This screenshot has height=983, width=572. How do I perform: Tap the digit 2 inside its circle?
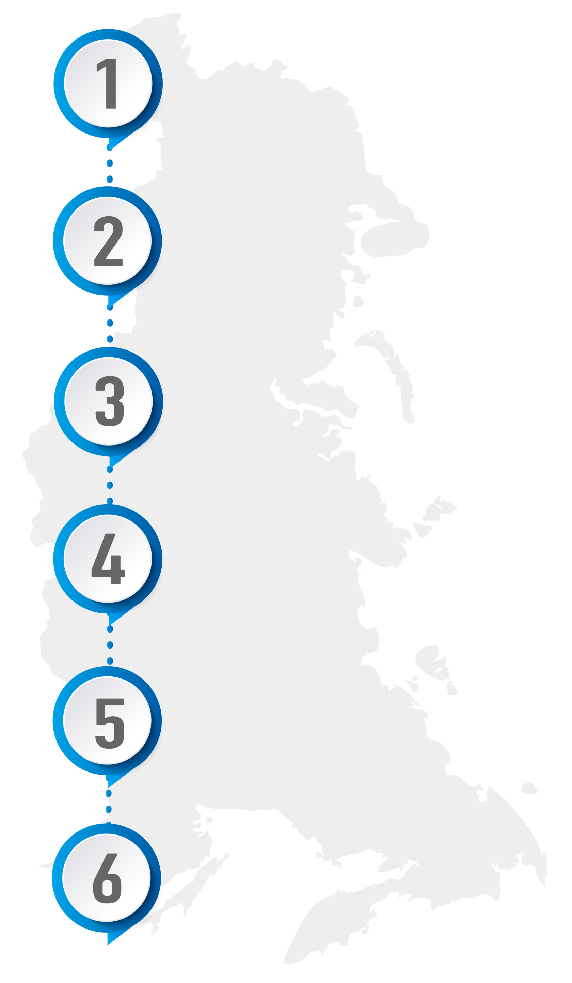tap(108, 241)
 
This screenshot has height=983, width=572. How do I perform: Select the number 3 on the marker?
tap(110, 401)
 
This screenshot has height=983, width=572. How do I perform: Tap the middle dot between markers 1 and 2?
tap(110, 163)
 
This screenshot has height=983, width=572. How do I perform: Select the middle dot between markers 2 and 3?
tap(110, 323)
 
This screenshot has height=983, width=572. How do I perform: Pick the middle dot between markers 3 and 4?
tap(110, 485)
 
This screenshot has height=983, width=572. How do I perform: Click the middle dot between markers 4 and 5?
tap(110, 645)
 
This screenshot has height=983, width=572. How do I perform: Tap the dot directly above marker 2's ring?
tap(110, 179)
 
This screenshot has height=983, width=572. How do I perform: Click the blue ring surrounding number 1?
tap(59, 83)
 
